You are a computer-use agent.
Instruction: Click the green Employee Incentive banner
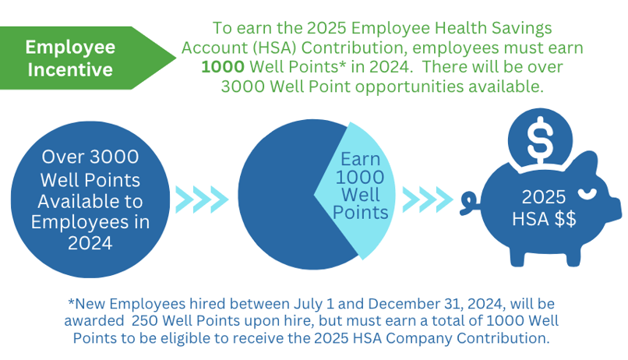click(80, 58)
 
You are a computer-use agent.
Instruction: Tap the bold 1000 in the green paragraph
click(223, 67)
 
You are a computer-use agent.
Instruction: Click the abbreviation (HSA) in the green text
click(274, 48)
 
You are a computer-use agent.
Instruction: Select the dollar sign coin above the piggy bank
click(540, 138)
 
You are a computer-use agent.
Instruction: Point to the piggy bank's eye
click(587, 193)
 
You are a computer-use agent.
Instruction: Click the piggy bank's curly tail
click(469, 203)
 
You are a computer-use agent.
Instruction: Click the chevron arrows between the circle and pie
click(202, 199)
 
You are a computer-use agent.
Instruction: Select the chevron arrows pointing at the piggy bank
click(428, 199)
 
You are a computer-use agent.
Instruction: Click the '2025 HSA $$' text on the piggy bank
click(544, 208)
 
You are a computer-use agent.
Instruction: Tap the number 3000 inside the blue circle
click(114, 157)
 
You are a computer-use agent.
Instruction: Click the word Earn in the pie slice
click(360, 159)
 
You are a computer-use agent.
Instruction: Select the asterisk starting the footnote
click(71, 302)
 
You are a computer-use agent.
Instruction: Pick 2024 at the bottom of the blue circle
click(90, 243)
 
